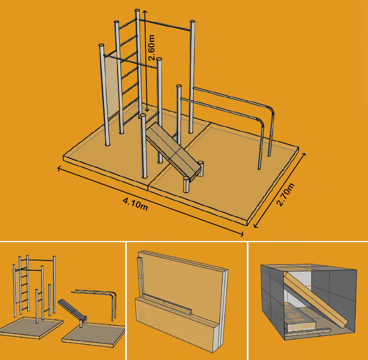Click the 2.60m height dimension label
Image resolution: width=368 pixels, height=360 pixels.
click(152, 48)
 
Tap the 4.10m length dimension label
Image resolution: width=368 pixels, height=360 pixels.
click(135, 204)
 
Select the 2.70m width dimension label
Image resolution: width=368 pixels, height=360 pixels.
click(286, 194)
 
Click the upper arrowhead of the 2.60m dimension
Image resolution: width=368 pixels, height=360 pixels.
click(145, 12)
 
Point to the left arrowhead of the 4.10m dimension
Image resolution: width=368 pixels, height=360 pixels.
click(59, 168)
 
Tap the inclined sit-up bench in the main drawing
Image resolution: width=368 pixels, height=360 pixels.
click(173, 151)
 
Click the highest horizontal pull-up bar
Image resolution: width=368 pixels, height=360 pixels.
click(165, 25)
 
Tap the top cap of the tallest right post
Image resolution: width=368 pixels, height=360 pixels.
click(192, 22)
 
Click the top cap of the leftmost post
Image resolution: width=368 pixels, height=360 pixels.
click(102, 45)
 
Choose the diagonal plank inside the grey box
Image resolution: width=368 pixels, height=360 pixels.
click(315, 299)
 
